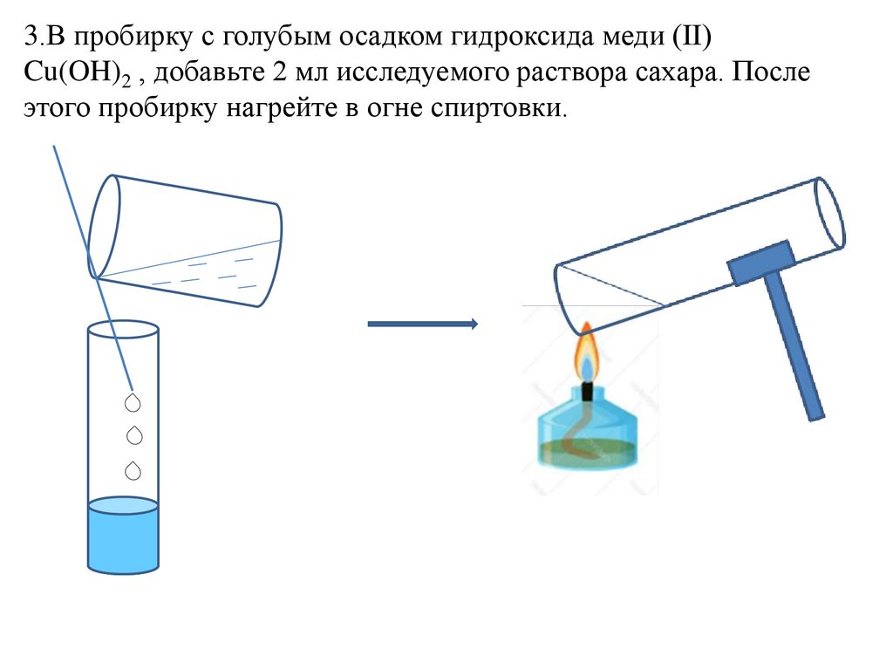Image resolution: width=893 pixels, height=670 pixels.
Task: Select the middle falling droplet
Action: pyautogui.click(x=133, y=435)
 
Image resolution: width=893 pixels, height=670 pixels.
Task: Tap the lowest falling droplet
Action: pyautogui.click(x=133, y=471)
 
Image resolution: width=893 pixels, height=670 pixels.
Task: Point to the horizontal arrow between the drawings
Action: pyautogui.click(x=422, y=325)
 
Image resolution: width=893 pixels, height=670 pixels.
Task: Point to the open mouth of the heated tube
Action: pyautogui.click(x=831, y=214)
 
